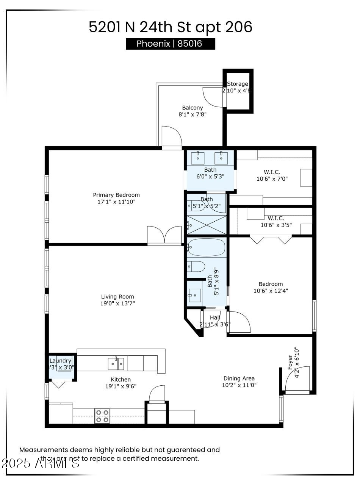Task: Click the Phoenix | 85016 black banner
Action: point(170,44)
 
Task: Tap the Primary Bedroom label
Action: point(114,195)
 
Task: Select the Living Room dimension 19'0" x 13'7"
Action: point(117,304)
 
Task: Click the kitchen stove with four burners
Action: point(102,416)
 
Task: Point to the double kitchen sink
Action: point(116,364)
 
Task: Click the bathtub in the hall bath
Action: point(207,247)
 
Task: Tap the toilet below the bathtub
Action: point(196,266)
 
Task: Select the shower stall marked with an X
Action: point(207,225)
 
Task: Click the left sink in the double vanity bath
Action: point(198,158)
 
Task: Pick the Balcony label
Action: point(193,108)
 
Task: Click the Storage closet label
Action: point(238,84)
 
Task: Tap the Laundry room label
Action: point(61,361)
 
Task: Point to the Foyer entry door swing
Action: point(297,379)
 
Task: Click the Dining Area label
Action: point(239,378)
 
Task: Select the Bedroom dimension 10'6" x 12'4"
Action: point(271,291)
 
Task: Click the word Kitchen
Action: point(121,379)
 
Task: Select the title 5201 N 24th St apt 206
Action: point(171,27)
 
